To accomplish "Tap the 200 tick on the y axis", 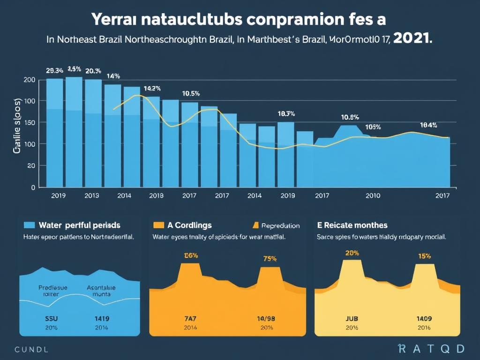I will [29, 80].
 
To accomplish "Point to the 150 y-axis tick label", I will [29, 122].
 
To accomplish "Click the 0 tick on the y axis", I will [33, 187].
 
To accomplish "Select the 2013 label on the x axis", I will [91, 195].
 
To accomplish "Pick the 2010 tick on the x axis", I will [373, 195].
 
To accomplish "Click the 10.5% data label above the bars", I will [191, 93].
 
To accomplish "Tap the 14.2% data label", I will [152, 88].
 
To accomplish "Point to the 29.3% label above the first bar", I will [54, 71].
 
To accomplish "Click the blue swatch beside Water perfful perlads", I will [30, 225].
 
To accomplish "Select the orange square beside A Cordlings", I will [158, 225].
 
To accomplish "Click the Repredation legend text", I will [280, 225].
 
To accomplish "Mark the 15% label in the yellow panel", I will [424, 256].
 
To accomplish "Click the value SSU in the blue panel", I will [51, 318].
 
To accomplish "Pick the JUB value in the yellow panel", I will [352, 318].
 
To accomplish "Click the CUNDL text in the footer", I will [31, 349].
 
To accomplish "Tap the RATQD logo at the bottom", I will [431, 348].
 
